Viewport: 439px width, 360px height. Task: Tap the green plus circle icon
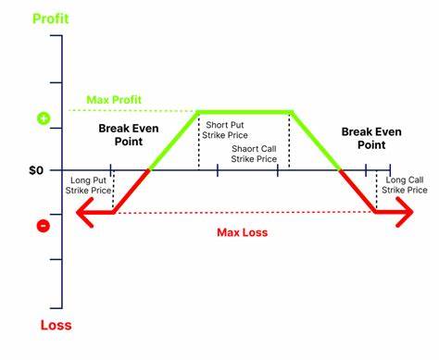42,118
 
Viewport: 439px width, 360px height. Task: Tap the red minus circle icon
42,225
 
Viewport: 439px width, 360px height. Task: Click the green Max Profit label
115,99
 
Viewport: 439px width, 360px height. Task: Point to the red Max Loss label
242,232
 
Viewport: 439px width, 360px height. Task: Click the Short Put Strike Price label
226,130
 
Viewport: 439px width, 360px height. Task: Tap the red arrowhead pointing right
405,214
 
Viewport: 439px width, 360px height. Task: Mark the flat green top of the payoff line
245,112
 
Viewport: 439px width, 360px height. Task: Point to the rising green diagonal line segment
174,142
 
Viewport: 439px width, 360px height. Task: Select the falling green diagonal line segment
317,142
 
